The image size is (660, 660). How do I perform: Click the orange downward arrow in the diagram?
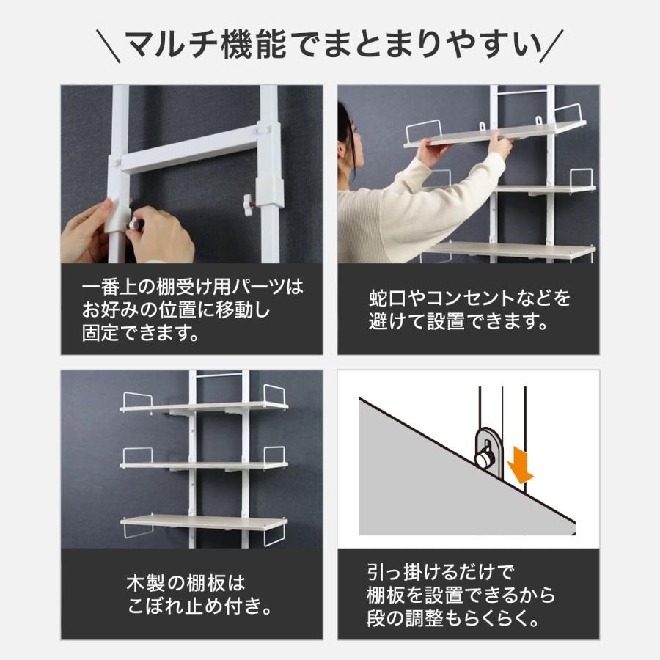[523, 465]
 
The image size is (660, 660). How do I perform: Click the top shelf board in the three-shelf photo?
[204, 406]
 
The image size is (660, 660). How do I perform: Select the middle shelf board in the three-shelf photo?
[204, 465]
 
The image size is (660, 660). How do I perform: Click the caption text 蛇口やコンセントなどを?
[469, 298]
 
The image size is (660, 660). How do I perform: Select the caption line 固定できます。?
[140, 334]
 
